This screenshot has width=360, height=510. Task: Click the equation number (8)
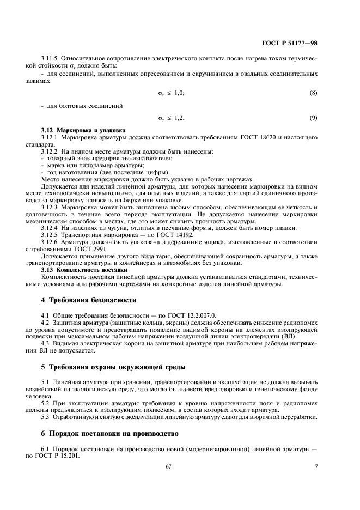click(x=313, y=93)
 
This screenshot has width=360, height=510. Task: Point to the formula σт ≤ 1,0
click(x=171, y=93)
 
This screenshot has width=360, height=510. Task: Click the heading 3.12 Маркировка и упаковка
click(x=83, y=131)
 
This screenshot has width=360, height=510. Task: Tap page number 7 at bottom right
click(x=316, y=467)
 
